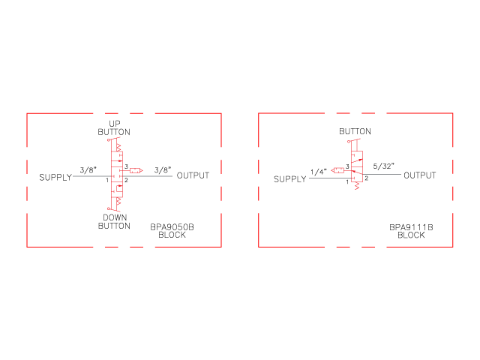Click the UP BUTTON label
coord(114,128)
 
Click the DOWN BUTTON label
coord(114,222)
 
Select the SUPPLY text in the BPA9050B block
coord(55,178)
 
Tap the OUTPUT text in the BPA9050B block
coord(193,175)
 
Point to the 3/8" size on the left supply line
coord(88,170)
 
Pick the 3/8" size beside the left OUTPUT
coord(163,170)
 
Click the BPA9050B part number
coord(172,227)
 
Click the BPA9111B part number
coord(411,227)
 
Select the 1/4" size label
coord(319,172)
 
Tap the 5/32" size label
coord(383,166)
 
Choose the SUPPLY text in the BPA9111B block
coord(290,179)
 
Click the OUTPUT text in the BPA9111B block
coord(420,175)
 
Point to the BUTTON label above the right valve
coord(355,132)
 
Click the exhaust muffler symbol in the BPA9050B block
coord(136,170)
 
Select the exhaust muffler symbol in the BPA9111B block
coord(337,170)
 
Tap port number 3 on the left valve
coord(126,166)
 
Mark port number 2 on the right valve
coord(367,178)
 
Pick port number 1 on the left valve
coord(107,180)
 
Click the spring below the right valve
coord(357,186)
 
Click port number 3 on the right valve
coord(347,166)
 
